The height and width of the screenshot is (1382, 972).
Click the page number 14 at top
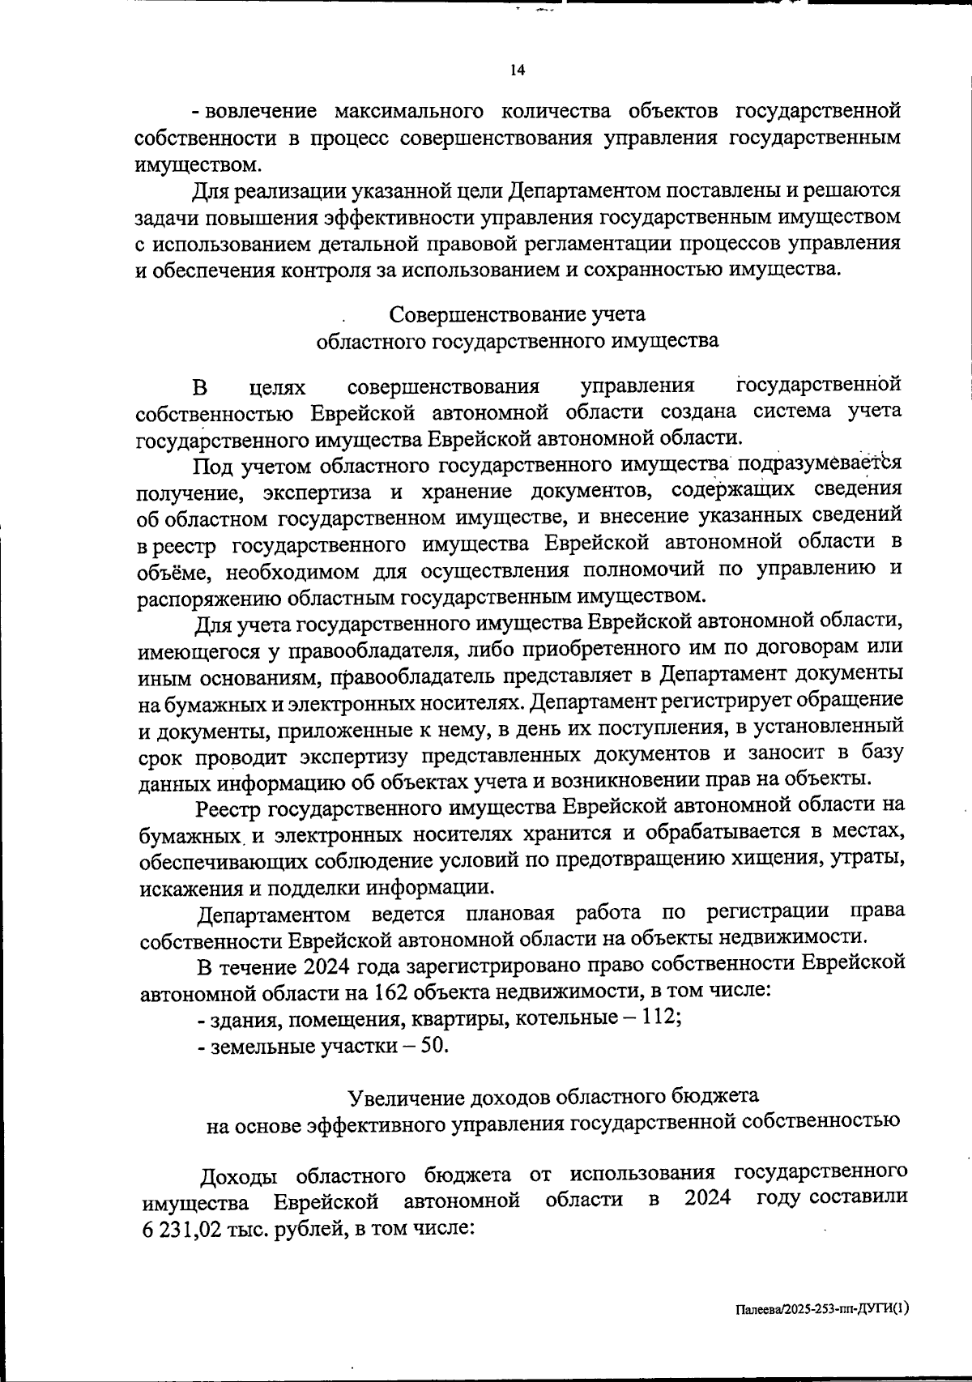pos(518,70)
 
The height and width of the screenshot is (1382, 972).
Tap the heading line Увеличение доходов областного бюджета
pos(553,1097)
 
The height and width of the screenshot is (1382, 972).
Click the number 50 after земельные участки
pos(433,1045)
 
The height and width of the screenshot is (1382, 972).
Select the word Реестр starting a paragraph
pos(229,807)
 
